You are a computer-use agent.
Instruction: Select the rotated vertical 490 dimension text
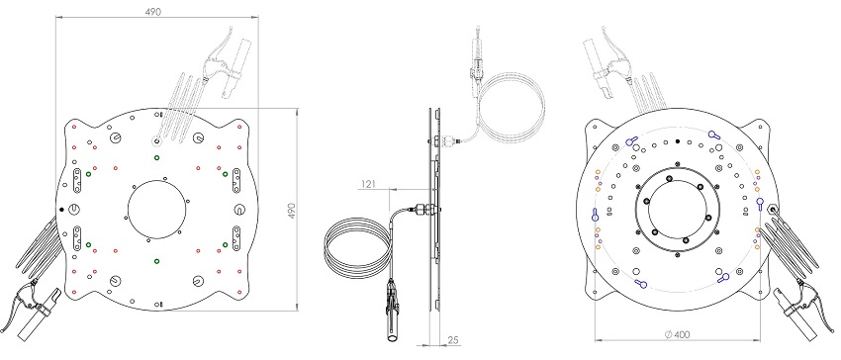tap(292, 211)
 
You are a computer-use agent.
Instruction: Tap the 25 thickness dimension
tap(453, 340)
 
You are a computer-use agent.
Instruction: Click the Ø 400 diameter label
tap(677, 335)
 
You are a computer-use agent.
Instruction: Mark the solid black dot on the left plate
tap(61, 210)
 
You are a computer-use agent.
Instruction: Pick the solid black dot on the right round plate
tap(678, 141)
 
